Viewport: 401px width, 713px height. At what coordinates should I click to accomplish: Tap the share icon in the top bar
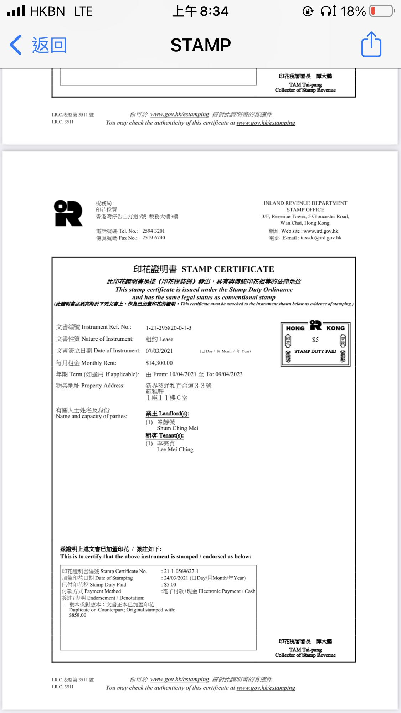click(371, 45)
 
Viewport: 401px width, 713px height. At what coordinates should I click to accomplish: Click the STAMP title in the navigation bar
click(200, 45)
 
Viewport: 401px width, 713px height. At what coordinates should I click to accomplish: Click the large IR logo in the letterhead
click(68, 213)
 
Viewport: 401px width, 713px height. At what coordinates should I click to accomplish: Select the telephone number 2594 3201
click(153, 231)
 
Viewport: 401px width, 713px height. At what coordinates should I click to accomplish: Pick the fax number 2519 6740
click(153, 238)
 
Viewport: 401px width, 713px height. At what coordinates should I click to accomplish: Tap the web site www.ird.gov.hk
click(320, 231)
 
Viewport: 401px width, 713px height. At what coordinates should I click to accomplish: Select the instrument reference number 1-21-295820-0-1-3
click(168, 328)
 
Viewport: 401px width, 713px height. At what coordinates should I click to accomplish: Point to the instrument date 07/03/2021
click(159, 351)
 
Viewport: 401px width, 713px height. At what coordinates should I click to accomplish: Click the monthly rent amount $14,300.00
click(159, 363)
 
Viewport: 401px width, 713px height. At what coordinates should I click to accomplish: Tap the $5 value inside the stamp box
click(315, 340)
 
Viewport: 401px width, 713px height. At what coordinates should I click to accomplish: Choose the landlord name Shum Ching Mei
click(178, 428)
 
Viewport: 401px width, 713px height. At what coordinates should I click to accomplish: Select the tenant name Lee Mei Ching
click(175, 450)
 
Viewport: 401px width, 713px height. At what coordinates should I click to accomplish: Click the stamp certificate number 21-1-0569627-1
click(181, 571)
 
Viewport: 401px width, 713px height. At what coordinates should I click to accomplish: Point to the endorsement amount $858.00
click(78, 615)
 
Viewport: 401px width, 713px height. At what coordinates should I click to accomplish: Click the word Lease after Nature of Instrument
click(166, 339)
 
